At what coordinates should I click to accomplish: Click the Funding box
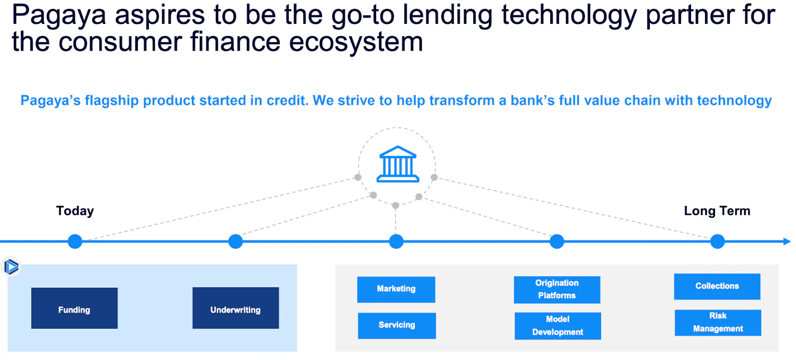(x=74, y=308)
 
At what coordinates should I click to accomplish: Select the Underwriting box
(x=236, y=308)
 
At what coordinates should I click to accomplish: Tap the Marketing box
(x=396, y=289)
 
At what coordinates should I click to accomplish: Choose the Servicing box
(x=397, y=326)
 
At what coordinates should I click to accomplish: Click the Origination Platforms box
(x=557, y=290)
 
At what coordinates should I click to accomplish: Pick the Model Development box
(x=558, y=326)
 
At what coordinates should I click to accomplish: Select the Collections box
(x=717, y=286)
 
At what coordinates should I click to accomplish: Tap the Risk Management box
(x=718, y=323)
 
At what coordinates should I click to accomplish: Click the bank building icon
(x=398, y=164)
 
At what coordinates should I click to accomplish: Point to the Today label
(x=75, y=211)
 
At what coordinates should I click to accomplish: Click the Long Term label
(x=717, y=211)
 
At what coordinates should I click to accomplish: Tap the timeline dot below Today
(x=75, y=242)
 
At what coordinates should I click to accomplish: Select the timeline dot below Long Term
(x=717, y=242)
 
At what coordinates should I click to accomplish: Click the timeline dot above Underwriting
(x=236, y=242)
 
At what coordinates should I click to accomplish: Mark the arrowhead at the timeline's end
(x=787, y=242)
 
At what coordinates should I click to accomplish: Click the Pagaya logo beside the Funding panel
(x=11, y=267)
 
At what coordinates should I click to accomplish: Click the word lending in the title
(x=447, y=15)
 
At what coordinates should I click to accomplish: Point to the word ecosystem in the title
(x=356, y=42)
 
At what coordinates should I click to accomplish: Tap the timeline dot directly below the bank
(x=396, y=242)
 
